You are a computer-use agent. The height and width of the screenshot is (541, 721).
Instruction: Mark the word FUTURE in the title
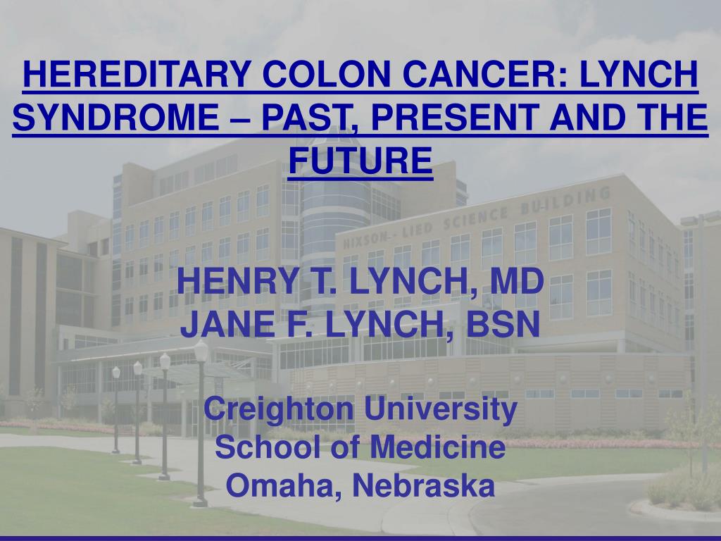360,161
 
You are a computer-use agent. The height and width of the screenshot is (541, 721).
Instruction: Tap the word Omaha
283,486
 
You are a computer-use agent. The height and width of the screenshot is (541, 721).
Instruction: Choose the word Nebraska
422,486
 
